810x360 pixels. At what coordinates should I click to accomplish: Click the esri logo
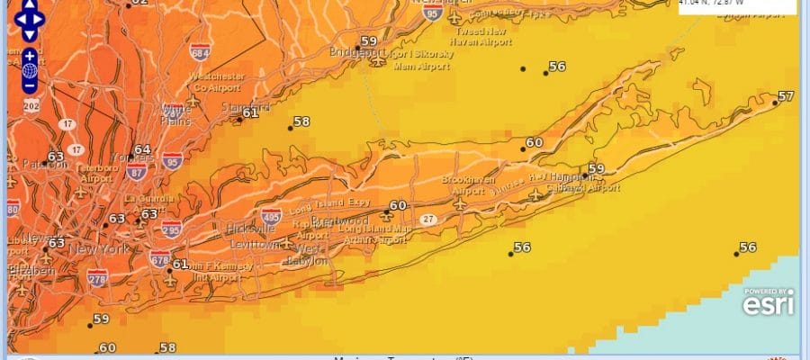pyautogui.click(x=768, y=302)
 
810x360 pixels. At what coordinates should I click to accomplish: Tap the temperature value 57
pyautogui.click(x=786, y=96)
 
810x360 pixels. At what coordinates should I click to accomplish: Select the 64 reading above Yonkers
pyautogui.click(x=142, y=149)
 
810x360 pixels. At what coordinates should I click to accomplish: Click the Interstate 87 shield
pyautogui.click(x=137, y=172)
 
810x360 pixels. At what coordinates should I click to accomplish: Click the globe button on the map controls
pyautogui.click(x=30, y=69)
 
